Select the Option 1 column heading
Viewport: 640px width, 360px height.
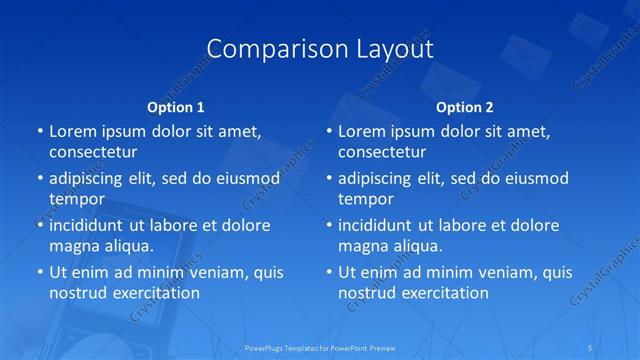pos(175,106)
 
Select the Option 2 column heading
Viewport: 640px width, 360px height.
pos(465,106)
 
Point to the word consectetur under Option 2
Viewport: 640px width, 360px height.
pos(382,152)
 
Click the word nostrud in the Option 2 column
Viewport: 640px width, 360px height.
pos(368,293)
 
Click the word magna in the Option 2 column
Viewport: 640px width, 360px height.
pos(363,246)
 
